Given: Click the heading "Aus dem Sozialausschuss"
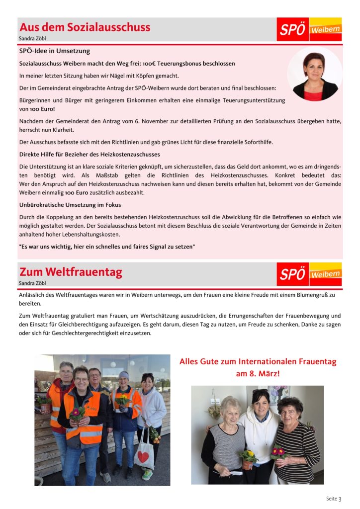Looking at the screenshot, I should (x=85, y=27).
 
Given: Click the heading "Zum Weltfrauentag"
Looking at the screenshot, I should (x=71, y=272).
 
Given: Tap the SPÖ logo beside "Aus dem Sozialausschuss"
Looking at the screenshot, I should (x=309, y=29).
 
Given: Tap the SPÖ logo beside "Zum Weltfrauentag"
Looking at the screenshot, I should (x=309, y=274).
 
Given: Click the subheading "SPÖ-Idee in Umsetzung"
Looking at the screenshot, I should (x=55, y=51).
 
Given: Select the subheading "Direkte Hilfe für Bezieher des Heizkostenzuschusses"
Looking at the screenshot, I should (x=90, y=154).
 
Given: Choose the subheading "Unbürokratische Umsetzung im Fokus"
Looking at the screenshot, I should (x=70, y=205).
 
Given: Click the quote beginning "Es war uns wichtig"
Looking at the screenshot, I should (x=107, y=247).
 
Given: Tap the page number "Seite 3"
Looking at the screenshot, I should (x=334, y=499).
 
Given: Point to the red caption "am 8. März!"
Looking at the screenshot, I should (x=258, y=373).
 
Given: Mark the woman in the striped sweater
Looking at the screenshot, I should (x=297, y=442).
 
